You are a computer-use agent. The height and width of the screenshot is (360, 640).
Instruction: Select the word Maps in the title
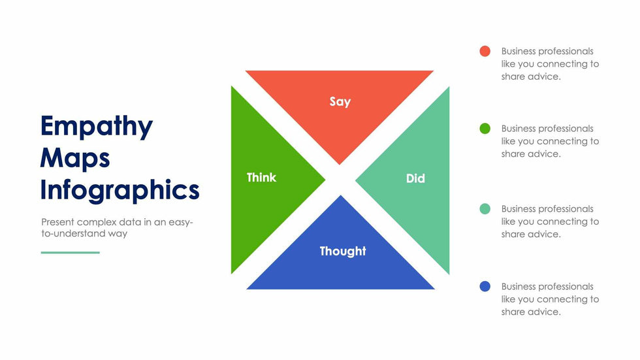[75, 158]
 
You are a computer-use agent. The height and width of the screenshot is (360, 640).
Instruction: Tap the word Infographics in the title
[120, 191]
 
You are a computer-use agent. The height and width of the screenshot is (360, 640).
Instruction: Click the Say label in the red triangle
[340, 102]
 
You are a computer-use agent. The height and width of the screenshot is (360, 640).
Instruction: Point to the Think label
[262, 178]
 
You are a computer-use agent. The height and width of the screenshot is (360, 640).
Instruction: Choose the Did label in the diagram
[415, 178]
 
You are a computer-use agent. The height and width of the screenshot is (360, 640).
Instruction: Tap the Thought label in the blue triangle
[343, 252]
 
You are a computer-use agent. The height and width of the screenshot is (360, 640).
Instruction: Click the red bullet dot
[485, 51]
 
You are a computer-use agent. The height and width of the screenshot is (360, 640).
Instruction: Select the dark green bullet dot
[485, 129]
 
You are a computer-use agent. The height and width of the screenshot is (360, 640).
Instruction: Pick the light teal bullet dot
[485, 208]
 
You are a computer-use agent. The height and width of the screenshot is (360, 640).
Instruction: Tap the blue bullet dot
[485, 286]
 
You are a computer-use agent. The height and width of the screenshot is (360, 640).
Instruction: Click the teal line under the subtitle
[71, 253]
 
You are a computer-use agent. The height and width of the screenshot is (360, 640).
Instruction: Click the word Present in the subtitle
[57, 222]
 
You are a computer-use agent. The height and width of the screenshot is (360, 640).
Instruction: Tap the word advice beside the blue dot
[545, 312]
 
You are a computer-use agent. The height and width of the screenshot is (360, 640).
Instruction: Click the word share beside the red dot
[514, 76]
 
